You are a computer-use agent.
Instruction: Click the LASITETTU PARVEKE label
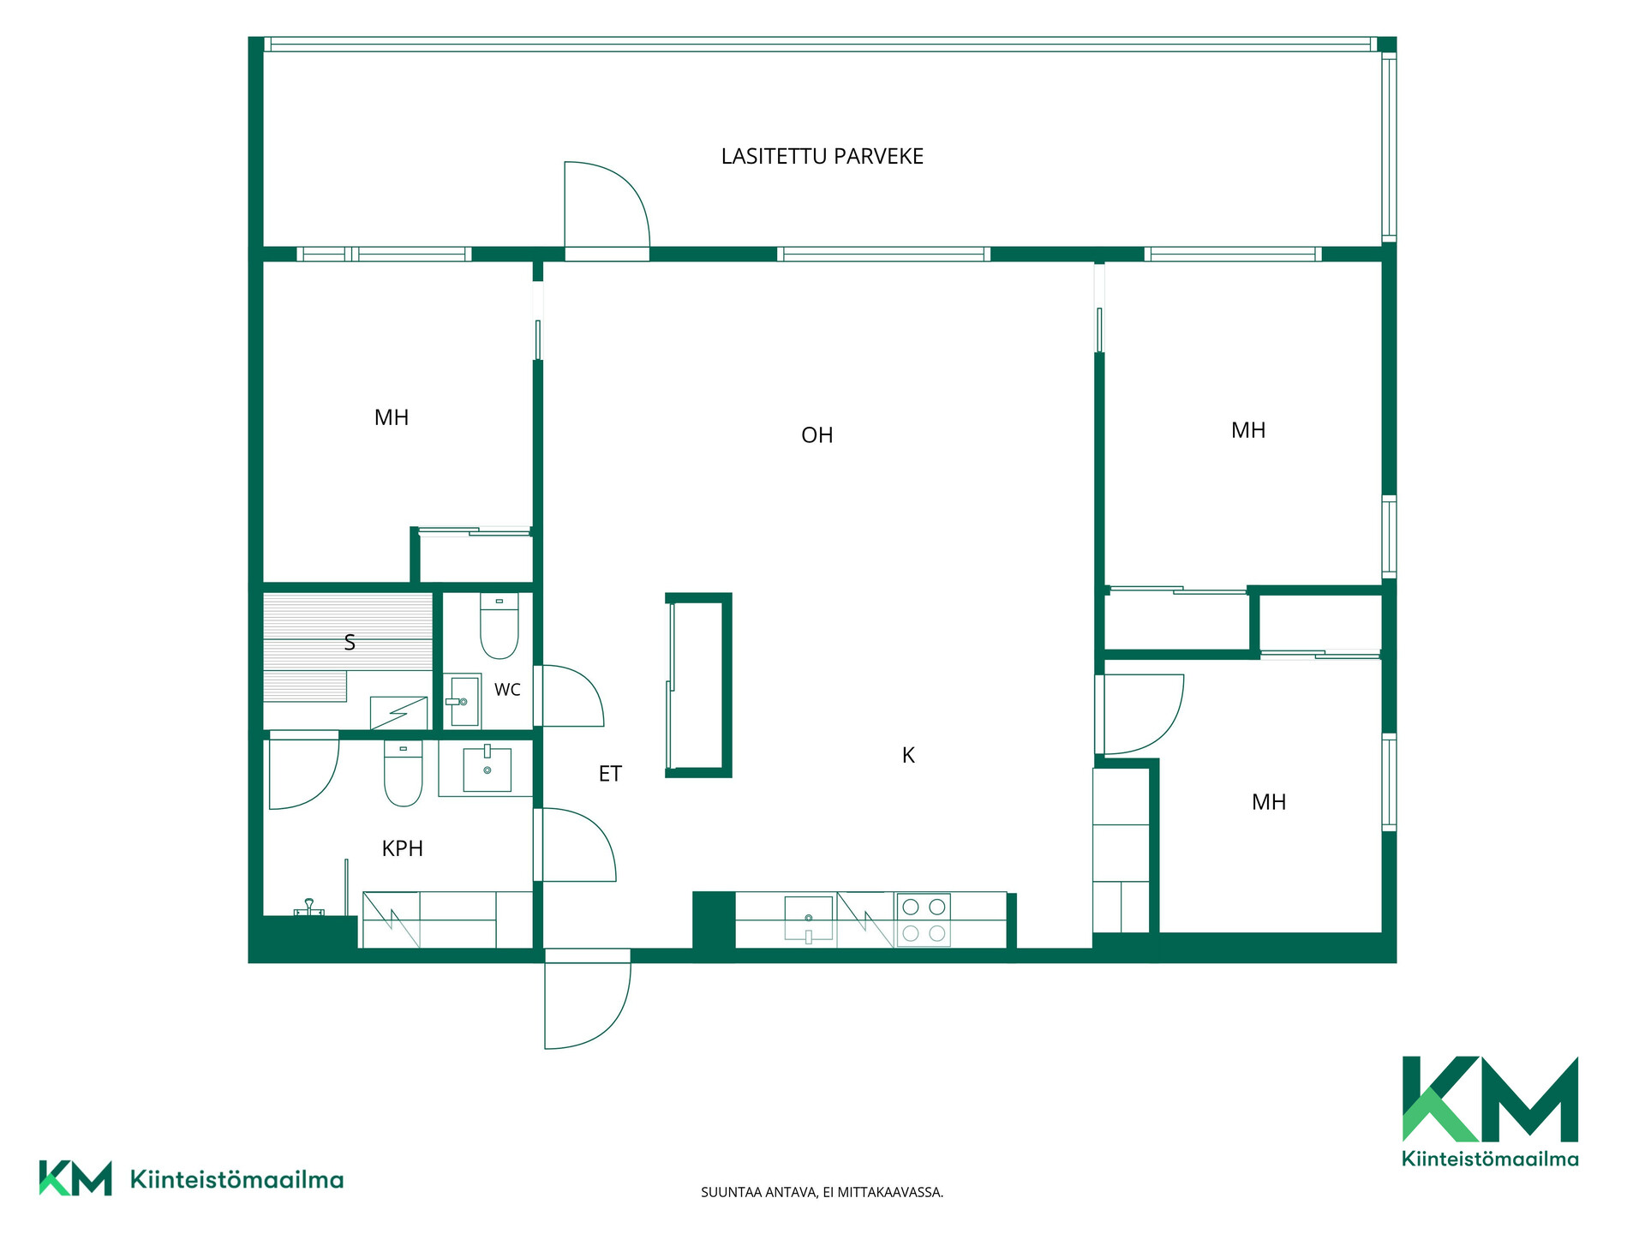point(822,157)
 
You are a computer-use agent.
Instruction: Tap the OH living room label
point(817,435)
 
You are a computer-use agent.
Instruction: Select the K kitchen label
point(908,755)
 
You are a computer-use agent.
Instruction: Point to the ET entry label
point(610,774)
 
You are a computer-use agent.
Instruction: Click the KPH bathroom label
point(403,848)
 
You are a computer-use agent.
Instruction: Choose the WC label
point(507,690)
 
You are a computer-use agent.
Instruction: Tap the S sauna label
point(350,643)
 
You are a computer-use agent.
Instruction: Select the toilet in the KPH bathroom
point(403,774)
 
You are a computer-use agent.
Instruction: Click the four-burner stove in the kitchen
point(924,920)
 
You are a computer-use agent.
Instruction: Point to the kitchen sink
point(809,919)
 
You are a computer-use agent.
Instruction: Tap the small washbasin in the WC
point(463,701)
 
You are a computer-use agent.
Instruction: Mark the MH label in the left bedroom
point(392,418)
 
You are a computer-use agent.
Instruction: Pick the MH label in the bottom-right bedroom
point(1269,802)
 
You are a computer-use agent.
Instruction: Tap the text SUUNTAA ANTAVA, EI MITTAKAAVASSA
point(822,1192)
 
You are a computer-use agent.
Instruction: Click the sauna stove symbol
point(398,713)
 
